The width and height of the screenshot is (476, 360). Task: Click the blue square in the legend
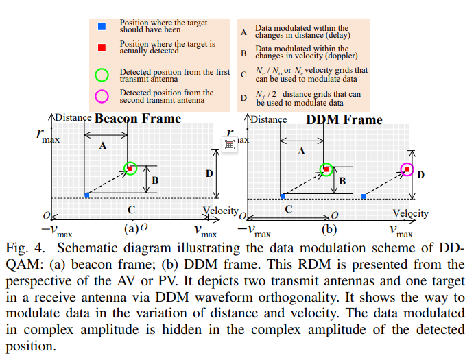coord(102,26)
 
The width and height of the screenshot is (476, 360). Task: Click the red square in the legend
coord(102,47)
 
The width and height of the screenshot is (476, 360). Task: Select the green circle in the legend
coord(102,75)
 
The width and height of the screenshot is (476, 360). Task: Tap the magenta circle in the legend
coord(102,96)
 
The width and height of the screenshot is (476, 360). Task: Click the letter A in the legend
coord(243,32)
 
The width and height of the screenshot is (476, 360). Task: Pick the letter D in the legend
coord(243,97)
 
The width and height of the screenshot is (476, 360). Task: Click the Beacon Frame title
coord(138,119)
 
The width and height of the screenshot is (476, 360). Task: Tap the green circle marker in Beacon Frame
coord(130,168)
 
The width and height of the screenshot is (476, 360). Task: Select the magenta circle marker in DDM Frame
coord(407,169)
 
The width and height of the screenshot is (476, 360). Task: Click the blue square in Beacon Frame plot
coord(86,196)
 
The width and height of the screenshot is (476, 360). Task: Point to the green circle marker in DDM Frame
coord(327,169)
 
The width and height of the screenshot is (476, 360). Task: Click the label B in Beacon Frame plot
coord(155,180)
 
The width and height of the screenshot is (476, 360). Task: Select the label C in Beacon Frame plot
coord(131,209)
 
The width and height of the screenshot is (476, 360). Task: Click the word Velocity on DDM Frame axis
coord(410,213)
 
